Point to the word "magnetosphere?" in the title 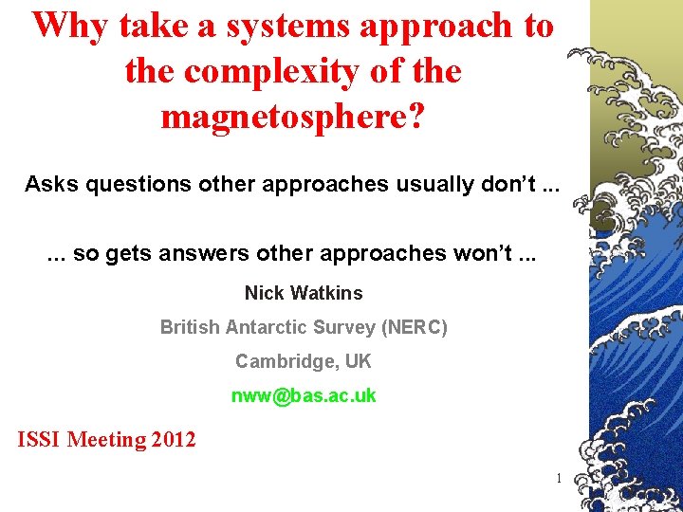tap(293, 117)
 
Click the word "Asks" tap(51, 183)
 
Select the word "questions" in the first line tap(138, 183)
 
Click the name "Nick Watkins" tap(304, 293)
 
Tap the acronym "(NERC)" tap(414, 327)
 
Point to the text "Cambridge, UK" tap(304, 361)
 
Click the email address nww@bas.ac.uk tap(304, 395)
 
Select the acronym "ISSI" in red tap(40, 440)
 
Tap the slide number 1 tap(559, 478)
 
